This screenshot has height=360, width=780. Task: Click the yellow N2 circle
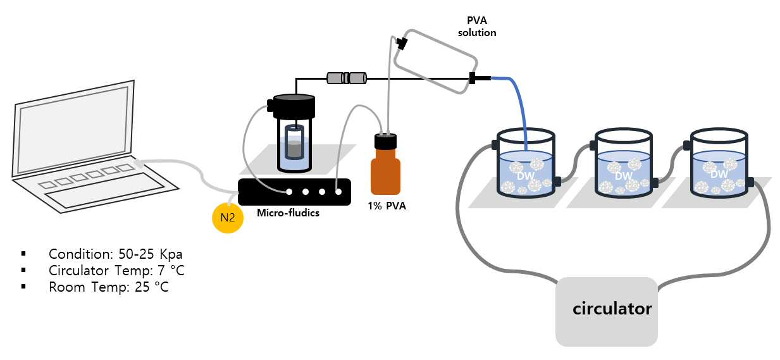pos(228,218)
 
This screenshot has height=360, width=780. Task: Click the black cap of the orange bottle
pos(385,141)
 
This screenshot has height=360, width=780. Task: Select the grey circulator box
pos(606,312)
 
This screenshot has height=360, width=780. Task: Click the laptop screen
pos(74,130)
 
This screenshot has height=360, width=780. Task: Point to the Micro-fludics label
pos(288,213)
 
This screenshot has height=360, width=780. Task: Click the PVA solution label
pos(477,27)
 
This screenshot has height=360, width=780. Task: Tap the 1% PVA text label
pos(387,206)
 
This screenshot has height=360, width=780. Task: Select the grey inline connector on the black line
pos(347,78)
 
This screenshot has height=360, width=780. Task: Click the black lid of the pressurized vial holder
pos(294,106)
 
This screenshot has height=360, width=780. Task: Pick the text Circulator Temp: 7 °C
pos(116,271)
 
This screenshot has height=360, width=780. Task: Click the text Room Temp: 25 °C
pos(109,287)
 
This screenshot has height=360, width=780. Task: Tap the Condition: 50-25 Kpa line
pos(116,254)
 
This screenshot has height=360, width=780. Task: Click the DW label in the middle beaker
pos(623,176)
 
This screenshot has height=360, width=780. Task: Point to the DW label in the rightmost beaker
pos(719,174)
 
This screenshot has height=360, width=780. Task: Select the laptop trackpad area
pos(104,191)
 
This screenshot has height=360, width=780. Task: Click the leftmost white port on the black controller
pos(289,192)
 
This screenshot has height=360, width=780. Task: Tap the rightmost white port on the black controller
pos(338,192)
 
